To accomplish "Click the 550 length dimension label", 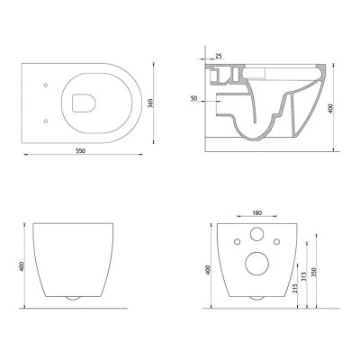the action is tap(80, 151).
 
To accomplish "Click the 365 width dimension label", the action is tap(151, 103).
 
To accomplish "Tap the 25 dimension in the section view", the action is tap(219, 56).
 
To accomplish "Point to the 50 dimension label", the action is tap(193, 98).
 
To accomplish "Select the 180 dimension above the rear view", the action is tap(256, 212).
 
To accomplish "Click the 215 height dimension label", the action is tap(294, 288).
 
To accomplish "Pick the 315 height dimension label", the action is tap(304, 276).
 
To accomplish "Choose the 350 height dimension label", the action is tap(314, 272).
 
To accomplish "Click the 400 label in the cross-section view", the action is tap(330, 108).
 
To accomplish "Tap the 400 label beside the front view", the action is tap(22, 266).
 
